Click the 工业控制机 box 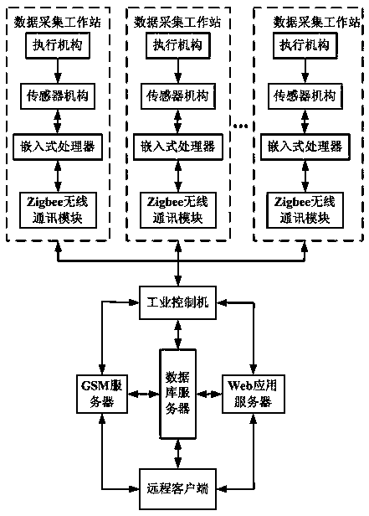[177, 302]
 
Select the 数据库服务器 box [177, 394]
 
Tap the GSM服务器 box [102, 394]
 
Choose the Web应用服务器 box [254, 394]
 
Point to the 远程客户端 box [177, 489]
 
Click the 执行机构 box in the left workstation [58, 45]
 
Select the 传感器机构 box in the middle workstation [177, 96]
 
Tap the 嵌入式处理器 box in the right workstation [305, 147]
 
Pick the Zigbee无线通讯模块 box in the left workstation [58, 210]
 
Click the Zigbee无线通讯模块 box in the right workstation [305, 210]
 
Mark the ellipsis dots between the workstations [240, 126]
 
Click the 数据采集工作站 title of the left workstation [58, 23]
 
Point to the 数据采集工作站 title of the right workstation [317, 23]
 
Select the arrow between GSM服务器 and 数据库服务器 [144, 394]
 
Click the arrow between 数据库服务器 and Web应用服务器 [209, 394]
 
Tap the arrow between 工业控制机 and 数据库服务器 [177, 334]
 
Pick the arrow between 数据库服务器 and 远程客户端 [177, 454]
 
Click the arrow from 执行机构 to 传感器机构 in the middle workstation [177, 71]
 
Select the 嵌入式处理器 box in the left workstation [58, 147]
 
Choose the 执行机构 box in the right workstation [305, 45]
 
